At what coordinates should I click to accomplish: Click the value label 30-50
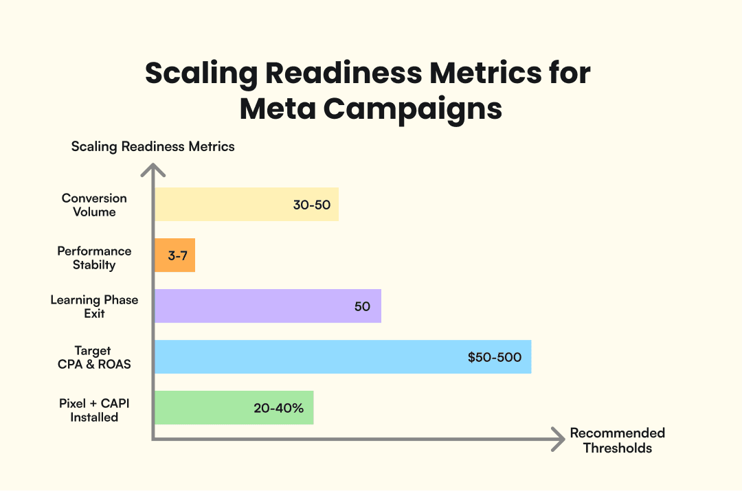pos(311,205)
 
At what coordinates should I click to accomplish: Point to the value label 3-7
pos(178,256)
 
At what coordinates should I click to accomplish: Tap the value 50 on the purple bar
pos(362,307)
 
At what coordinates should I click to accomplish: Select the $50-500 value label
pos(494,358)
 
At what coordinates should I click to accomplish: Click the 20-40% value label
pos(278,409)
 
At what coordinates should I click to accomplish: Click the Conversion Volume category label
pos(94,205)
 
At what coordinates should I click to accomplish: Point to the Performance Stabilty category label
pos(94,258)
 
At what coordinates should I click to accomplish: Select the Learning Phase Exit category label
pos(94,306)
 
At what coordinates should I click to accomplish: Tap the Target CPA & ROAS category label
pos(94,357)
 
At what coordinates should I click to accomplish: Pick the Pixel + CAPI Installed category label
pos(94,410)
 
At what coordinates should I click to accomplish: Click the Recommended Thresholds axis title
pos(617,440)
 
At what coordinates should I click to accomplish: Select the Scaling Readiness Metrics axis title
pos(153,146)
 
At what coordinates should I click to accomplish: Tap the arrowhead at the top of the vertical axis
pos(153,168)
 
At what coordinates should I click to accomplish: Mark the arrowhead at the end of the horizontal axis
pos(559,439)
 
